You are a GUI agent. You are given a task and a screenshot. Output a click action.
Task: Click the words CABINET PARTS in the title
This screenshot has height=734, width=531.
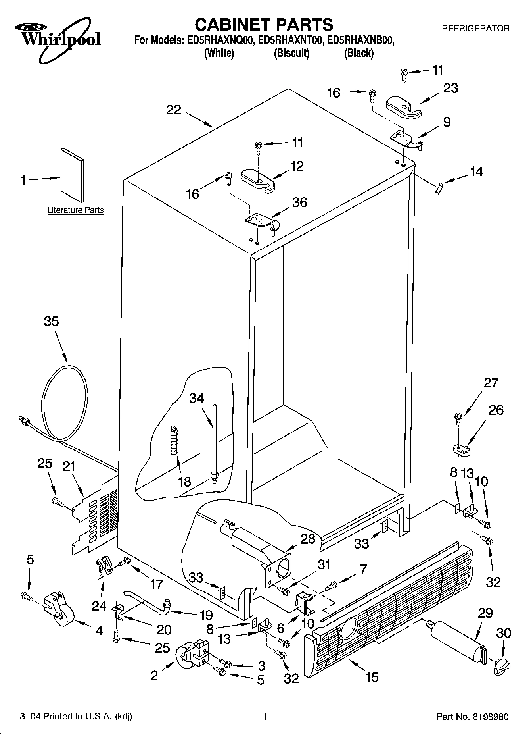264,25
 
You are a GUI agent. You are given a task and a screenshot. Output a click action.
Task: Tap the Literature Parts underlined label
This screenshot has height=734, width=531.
75,210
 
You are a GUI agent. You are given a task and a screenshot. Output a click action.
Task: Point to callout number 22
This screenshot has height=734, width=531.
174,110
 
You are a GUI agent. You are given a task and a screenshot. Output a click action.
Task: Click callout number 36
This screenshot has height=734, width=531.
299,202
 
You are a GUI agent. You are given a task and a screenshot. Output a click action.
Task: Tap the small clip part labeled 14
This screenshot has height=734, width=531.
439,187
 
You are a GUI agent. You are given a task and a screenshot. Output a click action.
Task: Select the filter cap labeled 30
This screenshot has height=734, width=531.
501,667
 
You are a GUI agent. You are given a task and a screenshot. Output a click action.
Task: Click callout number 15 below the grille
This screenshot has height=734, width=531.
372,677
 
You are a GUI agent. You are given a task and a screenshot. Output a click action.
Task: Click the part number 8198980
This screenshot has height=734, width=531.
490,717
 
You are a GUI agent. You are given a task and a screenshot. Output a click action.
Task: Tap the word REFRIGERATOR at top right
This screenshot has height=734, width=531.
475,29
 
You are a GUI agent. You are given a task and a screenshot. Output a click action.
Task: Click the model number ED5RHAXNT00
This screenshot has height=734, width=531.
291,40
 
